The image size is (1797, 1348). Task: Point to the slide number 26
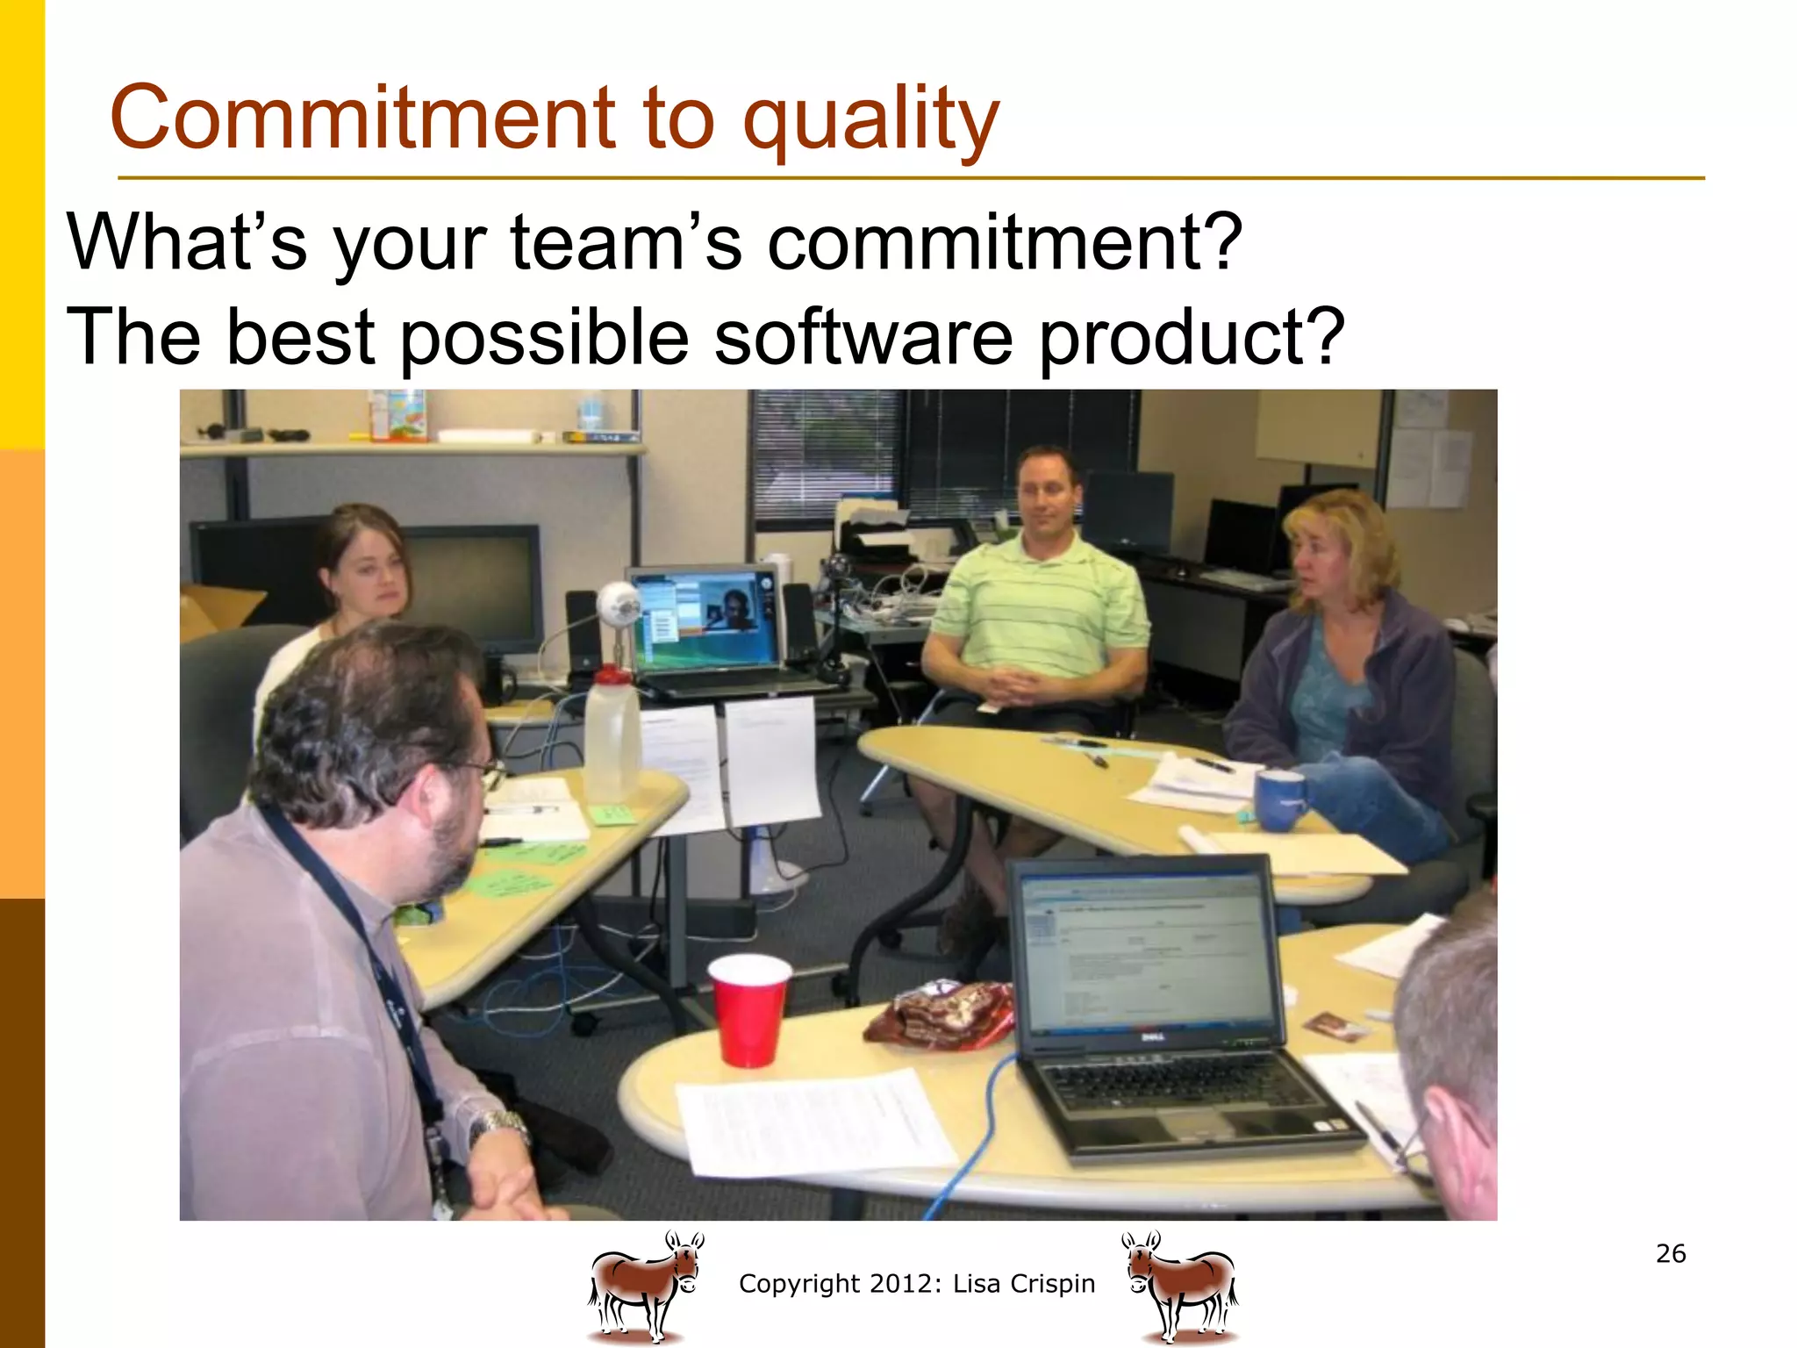coord(1671,1253)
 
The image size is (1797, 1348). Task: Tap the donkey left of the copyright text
coord(645,1286)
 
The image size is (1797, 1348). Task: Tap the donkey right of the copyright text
coord(1181,1286)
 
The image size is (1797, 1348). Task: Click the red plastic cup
coord(748,1009)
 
